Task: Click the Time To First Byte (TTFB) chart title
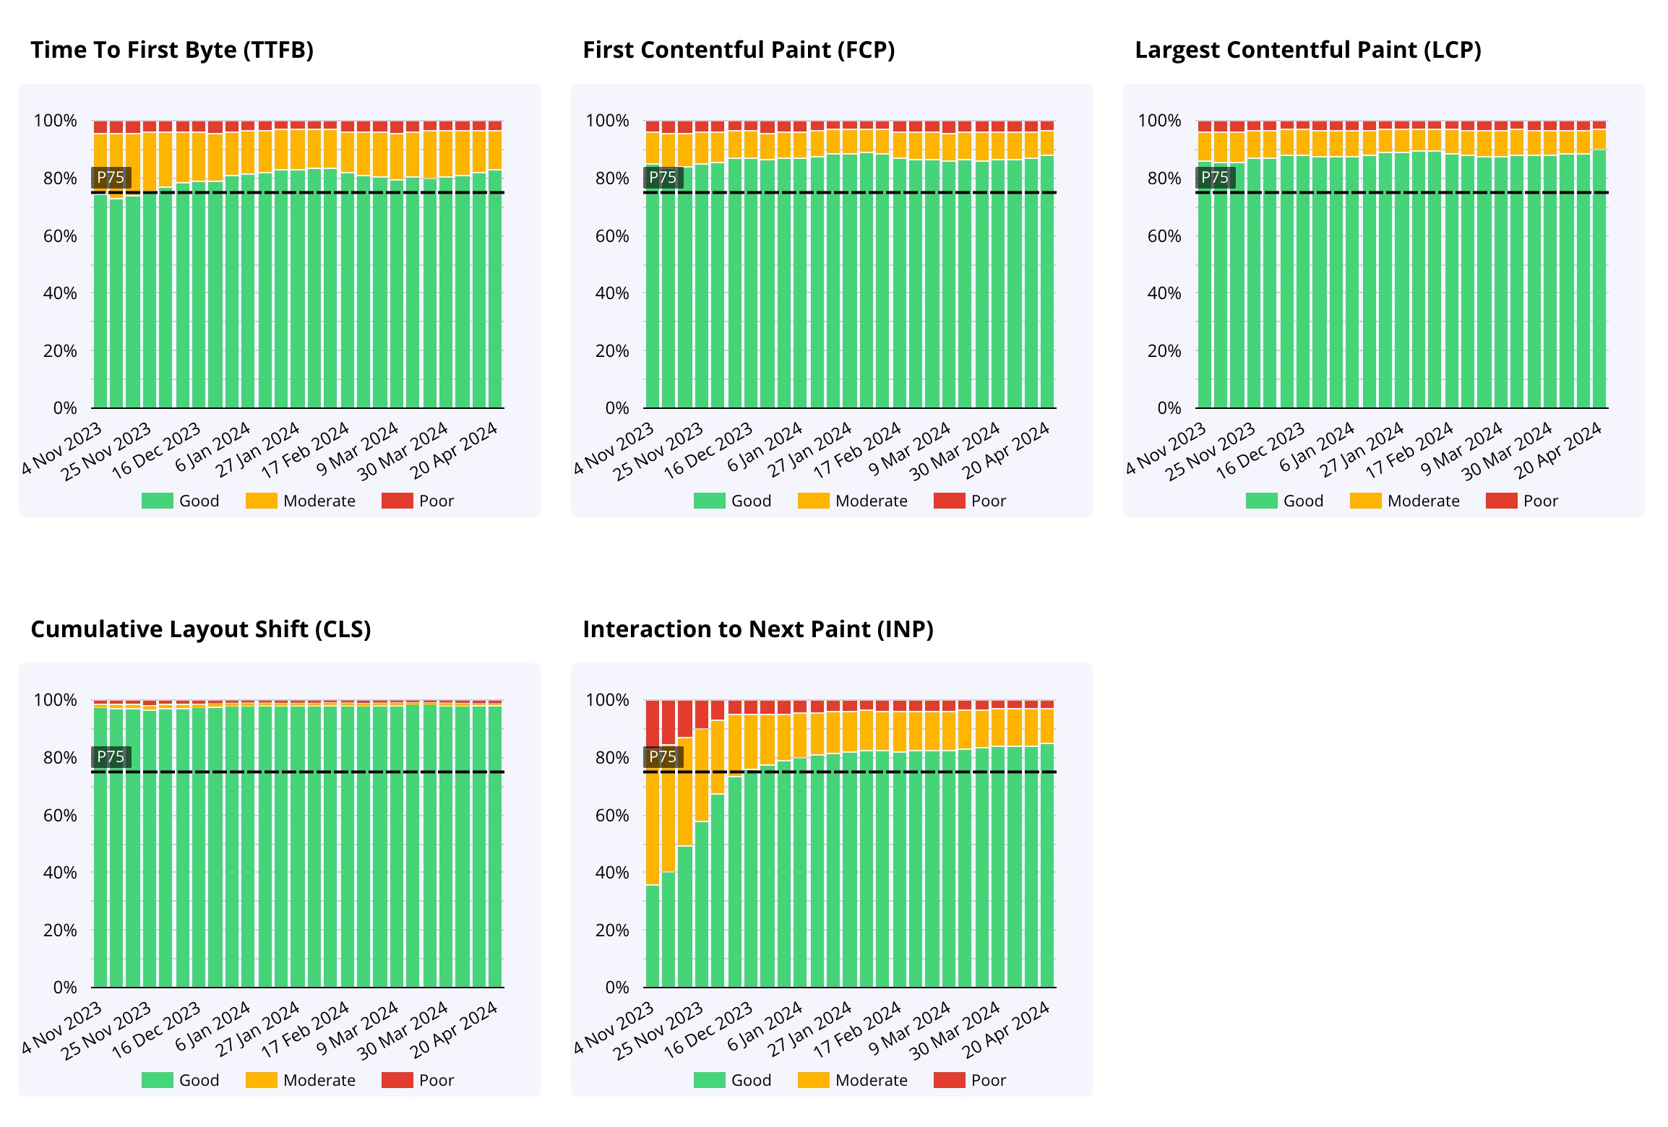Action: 172,50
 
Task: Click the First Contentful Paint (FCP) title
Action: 739,50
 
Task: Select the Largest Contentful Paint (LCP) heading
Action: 1308,50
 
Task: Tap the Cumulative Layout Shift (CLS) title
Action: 201,629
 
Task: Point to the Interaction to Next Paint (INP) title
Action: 758,629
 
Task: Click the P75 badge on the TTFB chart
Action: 111,178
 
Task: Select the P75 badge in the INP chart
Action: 663,757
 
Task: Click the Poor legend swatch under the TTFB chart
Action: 397,501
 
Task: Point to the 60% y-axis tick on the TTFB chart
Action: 60,236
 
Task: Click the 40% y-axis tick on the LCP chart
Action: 1164,293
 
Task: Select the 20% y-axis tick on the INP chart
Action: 612,930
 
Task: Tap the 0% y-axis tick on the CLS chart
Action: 65,988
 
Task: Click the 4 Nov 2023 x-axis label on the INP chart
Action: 614,1027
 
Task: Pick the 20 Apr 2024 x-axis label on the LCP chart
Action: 1559,451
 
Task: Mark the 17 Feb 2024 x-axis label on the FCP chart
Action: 858,451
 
